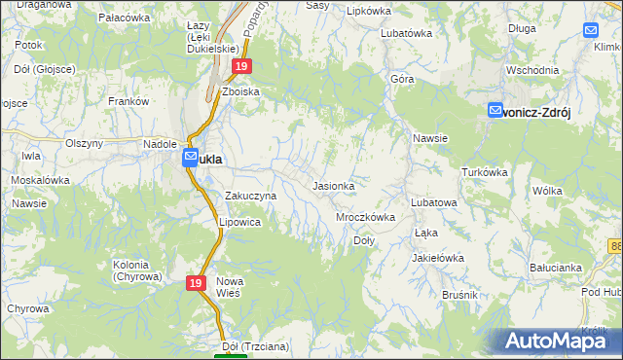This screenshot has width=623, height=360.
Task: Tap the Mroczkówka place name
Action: [x=365, y=217]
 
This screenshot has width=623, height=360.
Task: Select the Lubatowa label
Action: [x=433, y=202]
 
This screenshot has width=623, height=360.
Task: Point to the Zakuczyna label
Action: [x=251, y=196]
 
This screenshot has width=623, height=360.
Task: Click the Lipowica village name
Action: [x=239, y=222]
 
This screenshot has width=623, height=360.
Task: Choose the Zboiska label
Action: [x=240, y=91]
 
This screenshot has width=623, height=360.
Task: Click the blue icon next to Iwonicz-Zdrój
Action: [x=495, y=111]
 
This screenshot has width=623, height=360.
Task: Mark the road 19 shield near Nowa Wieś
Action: [x=196, y=282]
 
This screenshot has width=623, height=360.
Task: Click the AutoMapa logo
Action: [x=559, y=341]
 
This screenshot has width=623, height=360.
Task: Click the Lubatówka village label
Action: [x=406, y=32]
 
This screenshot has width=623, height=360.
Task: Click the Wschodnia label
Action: [x=532, y=70]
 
